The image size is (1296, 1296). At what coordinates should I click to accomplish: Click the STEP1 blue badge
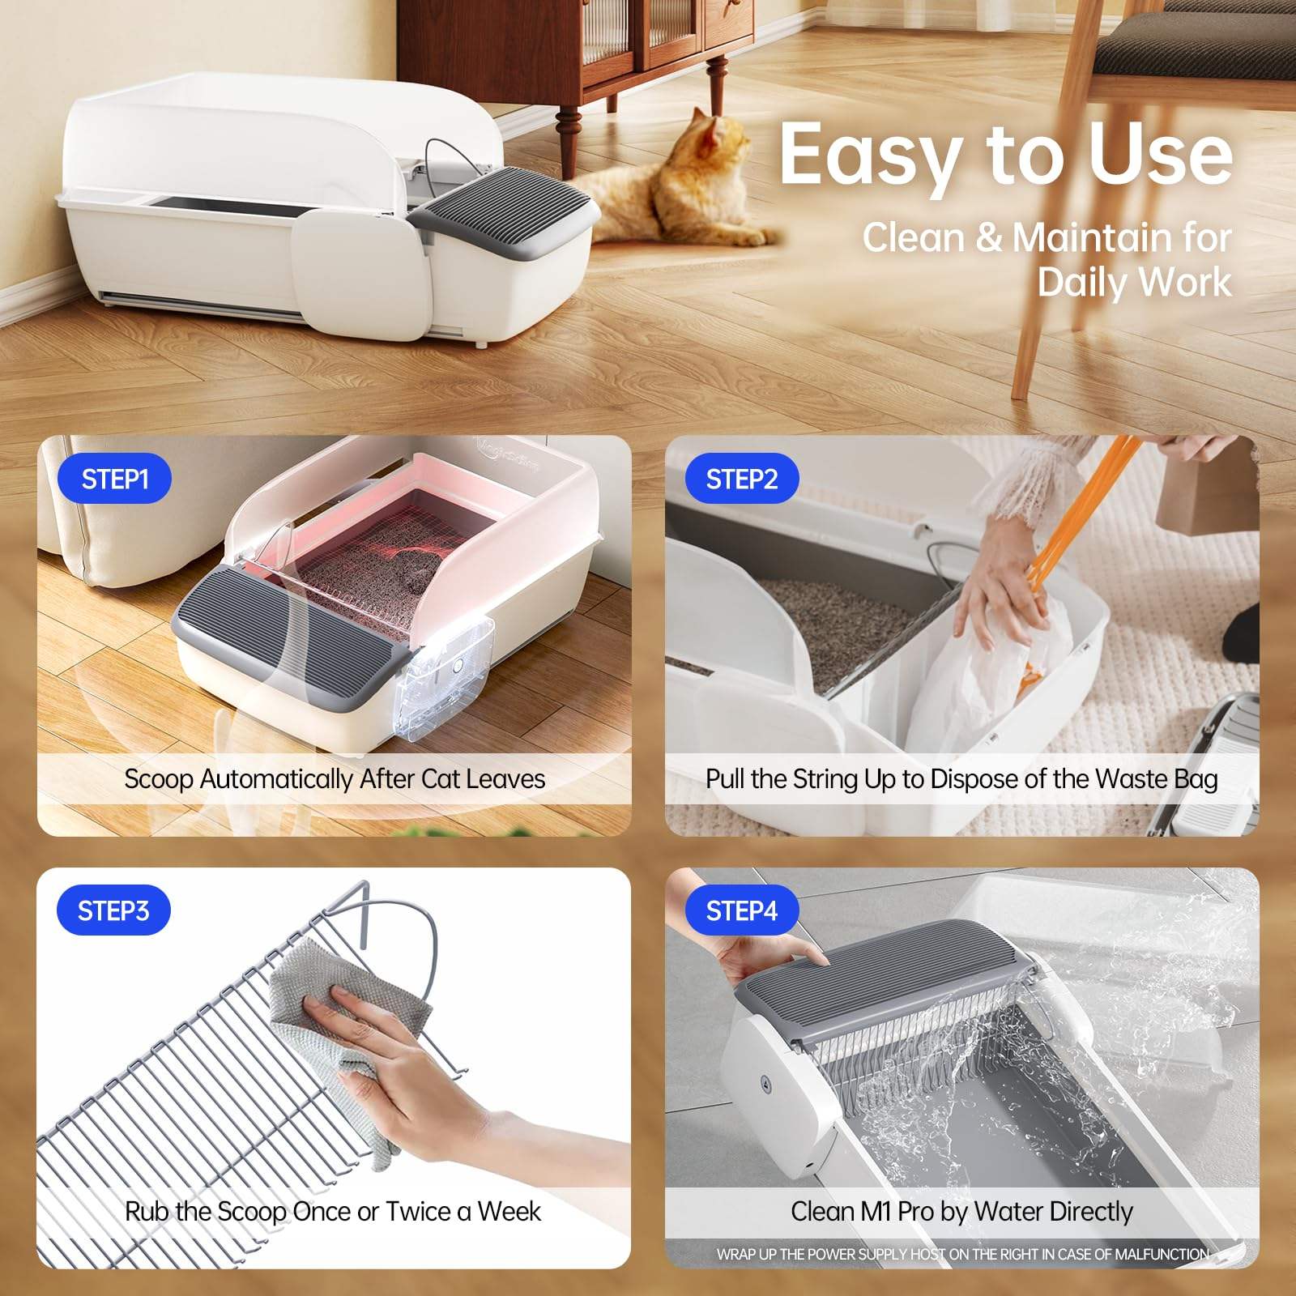coord(114,480)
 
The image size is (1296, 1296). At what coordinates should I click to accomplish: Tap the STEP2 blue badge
coord(741,480)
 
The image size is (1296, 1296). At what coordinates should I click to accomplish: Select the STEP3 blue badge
coord(113,911)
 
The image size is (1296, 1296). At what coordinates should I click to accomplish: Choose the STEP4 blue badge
coord(741,911)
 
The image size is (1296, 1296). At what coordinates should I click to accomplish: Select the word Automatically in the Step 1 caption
coord(277,779)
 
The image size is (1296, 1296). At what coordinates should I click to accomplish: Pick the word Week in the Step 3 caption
coord(509,1212)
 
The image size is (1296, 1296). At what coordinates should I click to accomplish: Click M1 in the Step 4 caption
coord(876,1212)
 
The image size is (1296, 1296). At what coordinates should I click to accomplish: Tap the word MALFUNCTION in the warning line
coord(1162,1255)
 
